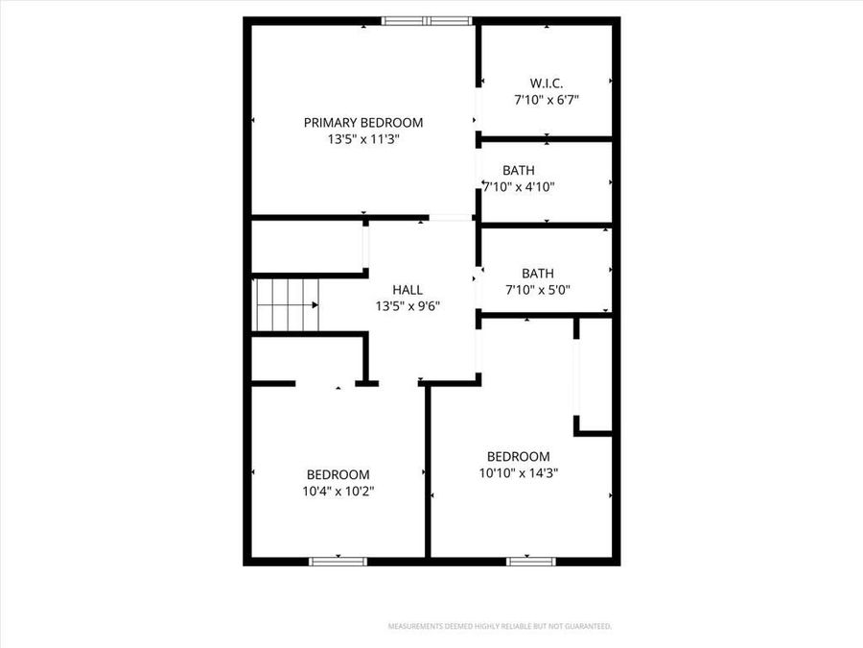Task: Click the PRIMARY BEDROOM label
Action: (362, 122)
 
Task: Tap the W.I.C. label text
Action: (546, 83)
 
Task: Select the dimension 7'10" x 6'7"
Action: (546, 99)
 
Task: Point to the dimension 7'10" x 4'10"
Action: (519, 186)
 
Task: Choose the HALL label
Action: (408, 289)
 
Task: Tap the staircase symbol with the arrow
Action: (286, 304)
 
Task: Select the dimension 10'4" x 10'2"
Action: (338, 491)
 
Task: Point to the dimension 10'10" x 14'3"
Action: (519, 472)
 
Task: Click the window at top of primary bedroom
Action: (427, 21)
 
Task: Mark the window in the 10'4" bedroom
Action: (338, 560)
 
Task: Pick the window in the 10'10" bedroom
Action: (531, 560)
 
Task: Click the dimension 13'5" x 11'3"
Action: (362, 139)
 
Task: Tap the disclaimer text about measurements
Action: (499, 626)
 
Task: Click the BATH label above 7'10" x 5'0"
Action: (538, 273)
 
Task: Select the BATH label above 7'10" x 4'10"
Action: (519, 170)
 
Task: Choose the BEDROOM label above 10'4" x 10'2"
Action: (338, 474)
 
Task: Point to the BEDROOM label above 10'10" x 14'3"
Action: (519, 456)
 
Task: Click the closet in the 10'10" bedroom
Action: (595, 374)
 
